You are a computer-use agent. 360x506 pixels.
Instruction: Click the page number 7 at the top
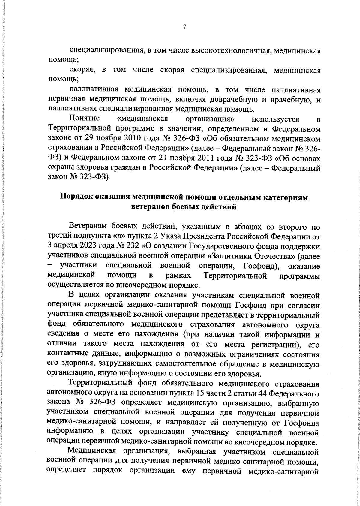point(184,27)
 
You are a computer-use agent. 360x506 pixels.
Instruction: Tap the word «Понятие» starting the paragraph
point(84,119)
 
